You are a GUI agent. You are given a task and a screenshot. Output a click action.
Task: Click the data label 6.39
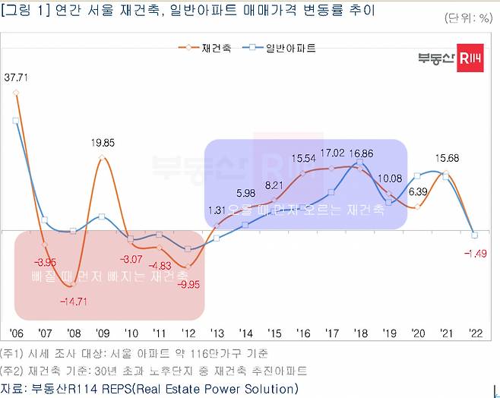coord(417,191)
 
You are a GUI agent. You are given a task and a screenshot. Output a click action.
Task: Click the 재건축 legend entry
coord(210,48)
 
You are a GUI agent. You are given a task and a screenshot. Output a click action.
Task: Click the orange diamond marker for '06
coord(17,93)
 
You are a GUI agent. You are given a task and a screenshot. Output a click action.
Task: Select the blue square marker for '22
coord(474,234)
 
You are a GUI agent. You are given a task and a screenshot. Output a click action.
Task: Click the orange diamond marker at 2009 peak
coord(102,157)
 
